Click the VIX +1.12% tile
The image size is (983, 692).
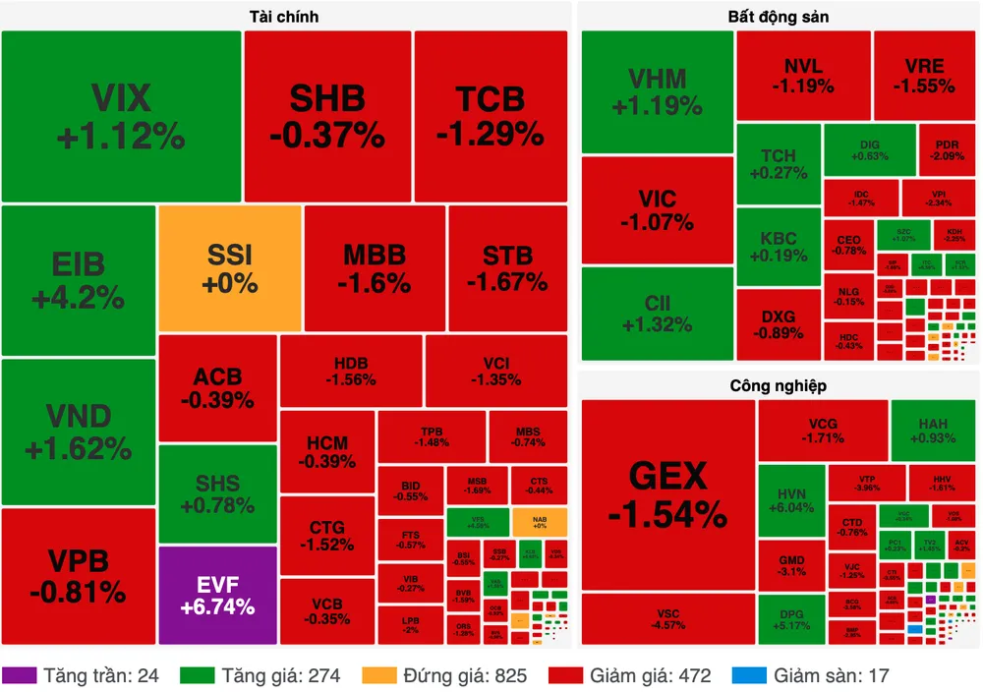coord(121,116)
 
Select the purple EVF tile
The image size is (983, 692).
coord(217,596)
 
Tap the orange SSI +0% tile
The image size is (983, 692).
coord(229,268)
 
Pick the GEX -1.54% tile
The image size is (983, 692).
coord(667,494)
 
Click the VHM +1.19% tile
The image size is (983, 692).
coord(657,91)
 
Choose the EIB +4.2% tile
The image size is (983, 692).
coord(79,279)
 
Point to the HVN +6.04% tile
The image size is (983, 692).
coord(791,499)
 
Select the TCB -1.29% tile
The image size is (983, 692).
coord(490,115)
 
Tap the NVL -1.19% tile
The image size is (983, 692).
coord(803,76)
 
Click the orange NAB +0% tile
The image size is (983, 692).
coord(539,521)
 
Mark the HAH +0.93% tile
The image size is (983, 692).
coord(933,431)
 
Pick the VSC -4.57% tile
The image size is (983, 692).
coord(667,619)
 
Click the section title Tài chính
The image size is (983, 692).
coord(284,17)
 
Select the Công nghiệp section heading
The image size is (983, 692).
coord(778,386)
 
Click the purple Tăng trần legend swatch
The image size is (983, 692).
coord(20,675)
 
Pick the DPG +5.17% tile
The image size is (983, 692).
coord(791,619)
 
